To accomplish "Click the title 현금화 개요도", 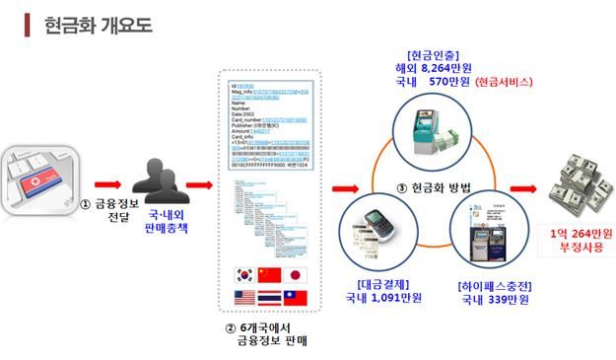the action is click(x=99, y=25).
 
